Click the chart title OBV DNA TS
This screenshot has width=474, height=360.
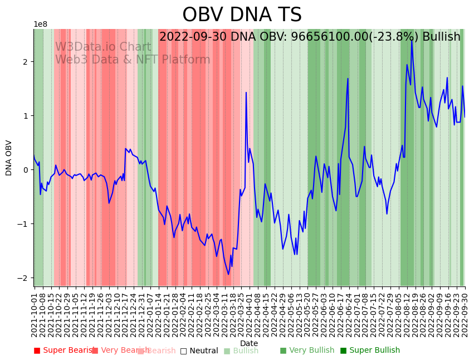(x=242, y=15)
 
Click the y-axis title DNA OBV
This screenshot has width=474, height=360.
(x=9, y=158)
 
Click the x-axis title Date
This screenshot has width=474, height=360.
(x=249, y=344)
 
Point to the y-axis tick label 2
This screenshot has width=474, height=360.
(x=26, y=62)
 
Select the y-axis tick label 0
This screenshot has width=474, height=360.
(x=26, y=170)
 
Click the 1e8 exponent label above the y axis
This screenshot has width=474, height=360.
(x=41, y=25)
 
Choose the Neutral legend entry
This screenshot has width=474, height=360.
(x=199, y=351)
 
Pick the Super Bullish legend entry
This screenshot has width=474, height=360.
(x=370, y=351)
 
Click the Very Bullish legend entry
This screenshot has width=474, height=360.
(x=307, y=351)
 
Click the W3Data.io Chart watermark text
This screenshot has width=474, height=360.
(x=103, y=47)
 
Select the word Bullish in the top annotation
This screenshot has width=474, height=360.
(x=441, y=37)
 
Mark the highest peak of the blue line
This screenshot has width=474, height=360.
(x=412, y=39)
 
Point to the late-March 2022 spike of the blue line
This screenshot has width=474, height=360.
(x=246, y=93)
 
